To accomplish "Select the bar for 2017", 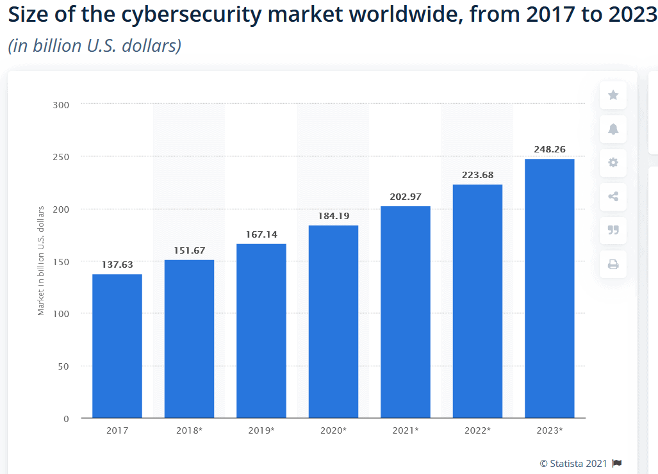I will click(x=117, y=346).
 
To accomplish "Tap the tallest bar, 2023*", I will click(x=549, y=288).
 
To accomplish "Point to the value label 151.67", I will click(x=189, y=250).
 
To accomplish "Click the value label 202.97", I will click(x=406, y=197).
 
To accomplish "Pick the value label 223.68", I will click(x=477, y=175).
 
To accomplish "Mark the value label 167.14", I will click(x=261, y=234).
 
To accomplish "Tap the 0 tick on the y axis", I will click(x=66, y=418).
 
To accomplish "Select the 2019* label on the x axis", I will click(x=261, y=430).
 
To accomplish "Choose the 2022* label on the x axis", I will click(x=477, y=430).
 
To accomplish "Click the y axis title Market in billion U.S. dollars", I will click(x=41, y=261).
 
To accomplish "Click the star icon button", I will click(x=613, y=95).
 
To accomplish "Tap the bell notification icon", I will click(x=613, y=129).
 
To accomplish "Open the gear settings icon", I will click(x=613, y=163).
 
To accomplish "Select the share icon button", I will click(x=613, y=197).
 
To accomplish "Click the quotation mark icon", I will click(x=613, y=230).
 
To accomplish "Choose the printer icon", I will click(x=613, y=264).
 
